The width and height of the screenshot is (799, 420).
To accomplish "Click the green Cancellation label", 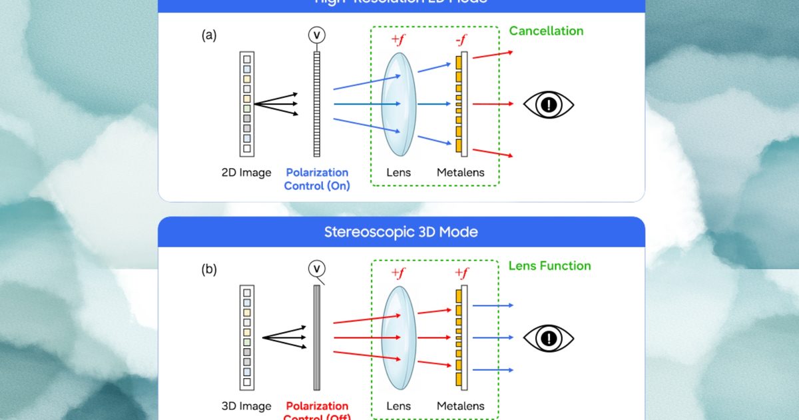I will (x=546, y=31).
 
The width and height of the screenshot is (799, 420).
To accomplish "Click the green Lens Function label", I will (x=549, y=265).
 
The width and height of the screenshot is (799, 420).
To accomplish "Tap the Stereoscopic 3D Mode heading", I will (x=401, y=232).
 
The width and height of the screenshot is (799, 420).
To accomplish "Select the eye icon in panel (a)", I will (x=548, y=104).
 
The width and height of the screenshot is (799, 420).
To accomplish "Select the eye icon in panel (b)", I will (x=548, y=338).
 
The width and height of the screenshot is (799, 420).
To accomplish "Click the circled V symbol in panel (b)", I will (x=317, y=269).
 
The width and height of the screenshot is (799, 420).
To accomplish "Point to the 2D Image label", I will (x=246, y=173).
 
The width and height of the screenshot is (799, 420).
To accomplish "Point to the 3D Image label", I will (x=246, y=406).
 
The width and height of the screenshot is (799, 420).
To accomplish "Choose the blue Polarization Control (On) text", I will (x=317, y=179).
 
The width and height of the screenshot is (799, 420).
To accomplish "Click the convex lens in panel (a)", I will (x=399, y=104).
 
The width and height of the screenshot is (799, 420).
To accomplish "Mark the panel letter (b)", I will (x=209, y=271).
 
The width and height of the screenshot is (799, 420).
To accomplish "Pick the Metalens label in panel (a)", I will (x=460, y=173).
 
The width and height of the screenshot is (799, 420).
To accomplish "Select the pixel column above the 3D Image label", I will (x=247, y=337).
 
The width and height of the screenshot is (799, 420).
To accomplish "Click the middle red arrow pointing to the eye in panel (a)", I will (x=493, y=104).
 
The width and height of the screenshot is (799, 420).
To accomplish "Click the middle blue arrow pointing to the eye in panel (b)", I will (x=493, y=338).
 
